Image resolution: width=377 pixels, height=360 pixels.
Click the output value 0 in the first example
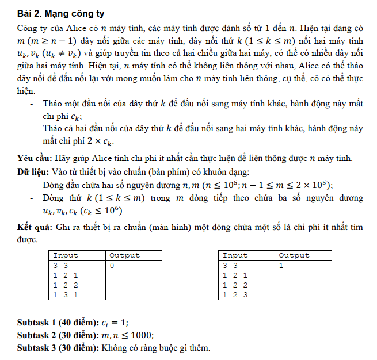[x=112, y=266]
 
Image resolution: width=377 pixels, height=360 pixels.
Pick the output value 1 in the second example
[x=281, y=266]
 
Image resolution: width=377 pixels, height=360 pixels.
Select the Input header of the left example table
[x=66, y=255]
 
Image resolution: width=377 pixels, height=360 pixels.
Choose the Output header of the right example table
[x=294, y=255]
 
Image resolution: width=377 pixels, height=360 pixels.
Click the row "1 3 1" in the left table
[x=65, y=294]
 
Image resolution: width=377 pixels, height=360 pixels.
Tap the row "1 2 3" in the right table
[x=235, y=294]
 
